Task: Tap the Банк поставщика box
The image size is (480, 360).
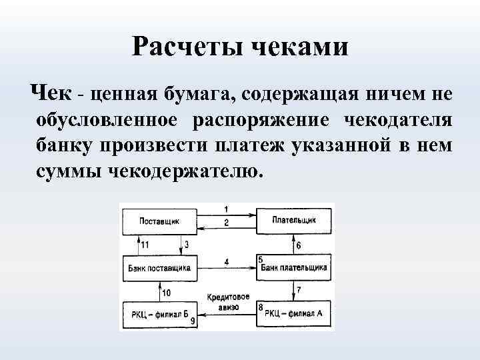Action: pos(159,267)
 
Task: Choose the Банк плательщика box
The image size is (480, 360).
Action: pos(294,267)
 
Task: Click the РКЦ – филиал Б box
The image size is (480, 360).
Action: pos(159,313)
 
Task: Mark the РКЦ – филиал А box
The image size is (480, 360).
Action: pos(294,313)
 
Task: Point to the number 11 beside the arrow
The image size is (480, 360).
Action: pos(145,245)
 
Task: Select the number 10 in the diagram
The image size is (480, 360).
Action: pos(166,292)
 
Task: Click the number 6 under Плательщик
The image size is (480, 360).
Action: pos(299,245)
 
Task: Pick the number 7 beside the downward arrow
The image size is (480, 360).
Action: pos(299,291)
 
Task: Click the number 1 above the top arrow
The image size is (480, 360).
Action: pos(227,209)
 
